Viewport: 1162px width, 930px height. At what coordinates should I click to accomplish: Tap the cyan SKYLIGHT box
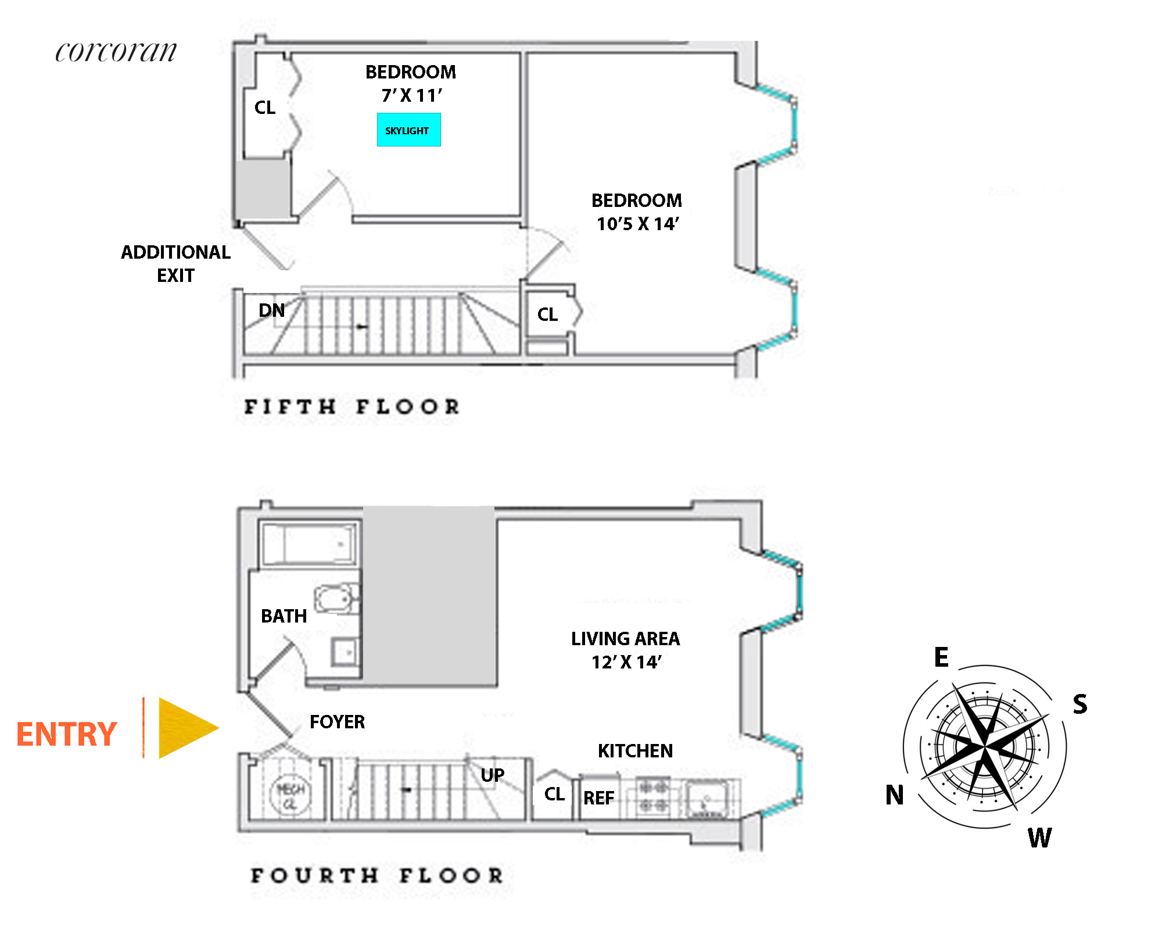pos(408,130)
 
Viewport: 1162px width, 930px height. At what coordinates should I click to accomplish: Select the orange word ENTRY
pos(66,734)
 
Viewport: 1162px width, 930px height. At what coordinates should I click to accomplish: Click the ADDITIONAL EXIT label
pos(175,263)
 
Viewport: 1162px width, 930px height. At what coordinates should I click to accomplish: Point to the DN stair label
pos(271,310)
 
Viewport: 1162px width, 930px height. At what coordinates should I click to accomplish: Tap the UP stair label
pos(492,775)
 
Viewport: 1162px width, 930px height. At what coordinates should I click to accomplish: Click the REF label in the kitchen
pos(598,798)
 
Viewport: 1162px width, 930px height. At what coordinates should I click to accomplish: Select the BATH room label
pos(284,616)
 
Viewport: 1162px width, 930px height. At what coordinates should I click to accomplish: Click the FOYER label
pos(337,722)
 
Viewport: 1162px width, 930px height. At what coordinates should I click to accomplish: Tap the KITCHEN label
pos(635,751)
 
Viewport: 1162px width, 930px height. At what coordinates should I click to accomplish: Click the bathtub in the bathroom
pos(309,544)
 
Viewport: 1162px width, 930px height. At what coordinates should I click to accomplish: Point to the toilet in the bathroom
pos(335,599)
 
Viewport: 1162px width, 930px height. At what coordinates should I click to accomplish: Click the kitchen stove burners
pos(652,797)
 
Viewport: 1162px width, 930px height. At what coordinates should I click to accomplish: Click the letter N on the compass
pos(894,795)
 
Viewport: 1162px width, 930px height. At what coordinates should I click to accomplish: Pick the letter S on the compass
pos(1079,704)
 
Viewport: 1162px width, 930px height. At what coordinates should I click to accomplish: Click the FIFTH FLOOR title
pos(352,407)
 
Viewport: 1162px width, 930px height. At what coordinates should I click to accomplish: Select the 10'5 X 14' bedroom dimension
pos(637,224)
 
